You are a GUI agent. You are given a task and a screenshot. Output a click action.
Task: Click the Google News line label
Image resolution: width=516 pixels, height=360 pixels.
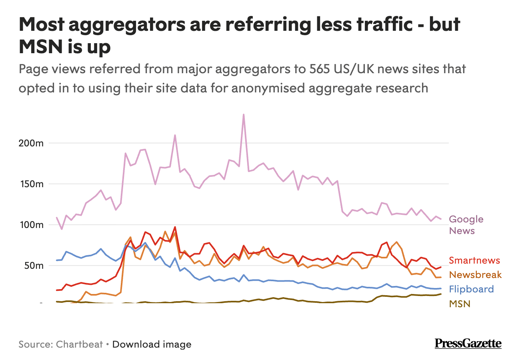click(x=466, y=225)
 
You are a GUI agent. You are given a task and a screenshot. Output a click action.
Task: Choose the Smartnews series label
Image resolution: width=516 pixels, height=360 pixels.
click(x=474, y=260)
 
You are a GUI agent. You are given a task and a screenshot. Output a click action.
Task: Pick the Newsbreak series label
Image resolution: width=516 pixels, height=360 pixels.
click(x=475, y=275)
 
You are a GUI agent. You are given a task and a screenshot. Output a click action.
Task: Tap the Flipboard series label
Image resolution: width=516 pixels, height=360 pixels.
click(x=471, y=289)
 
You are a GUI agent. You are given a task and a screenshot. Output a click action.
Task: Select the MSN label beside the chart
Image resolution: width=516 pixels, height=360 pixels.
click(x=460, y=304)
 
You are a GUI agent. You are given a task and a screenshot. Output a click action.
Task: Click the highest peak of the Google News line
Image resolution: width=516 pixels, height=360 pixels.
click(x=244, y=114)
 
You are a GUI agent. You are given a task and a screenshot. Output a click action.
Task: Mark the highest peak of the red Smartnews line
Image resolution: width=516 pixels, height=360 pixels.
click(x=175, y=227)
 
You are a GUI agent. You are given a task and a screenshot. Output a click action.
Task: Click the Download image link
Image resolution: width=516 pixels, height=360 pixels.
click(x=152, y=344)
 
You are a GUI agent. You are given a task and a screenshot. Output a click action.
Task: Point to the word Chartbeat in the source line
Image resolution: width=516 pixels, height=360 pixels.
click(x=80, y=344)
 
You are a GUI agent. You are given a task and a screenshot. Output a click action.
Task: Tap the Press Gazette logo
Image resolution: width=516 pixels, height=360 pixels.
click(x=468, y=344)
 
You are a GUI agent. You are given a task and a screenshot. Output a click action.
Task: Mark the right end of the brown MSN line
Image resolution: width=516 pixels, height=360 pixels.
click(x=441, y=294)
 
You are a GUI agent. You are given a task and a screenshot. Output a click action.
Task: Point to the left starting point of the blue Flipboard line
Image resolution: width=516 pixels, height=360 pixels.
click(x=57, y=260)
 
